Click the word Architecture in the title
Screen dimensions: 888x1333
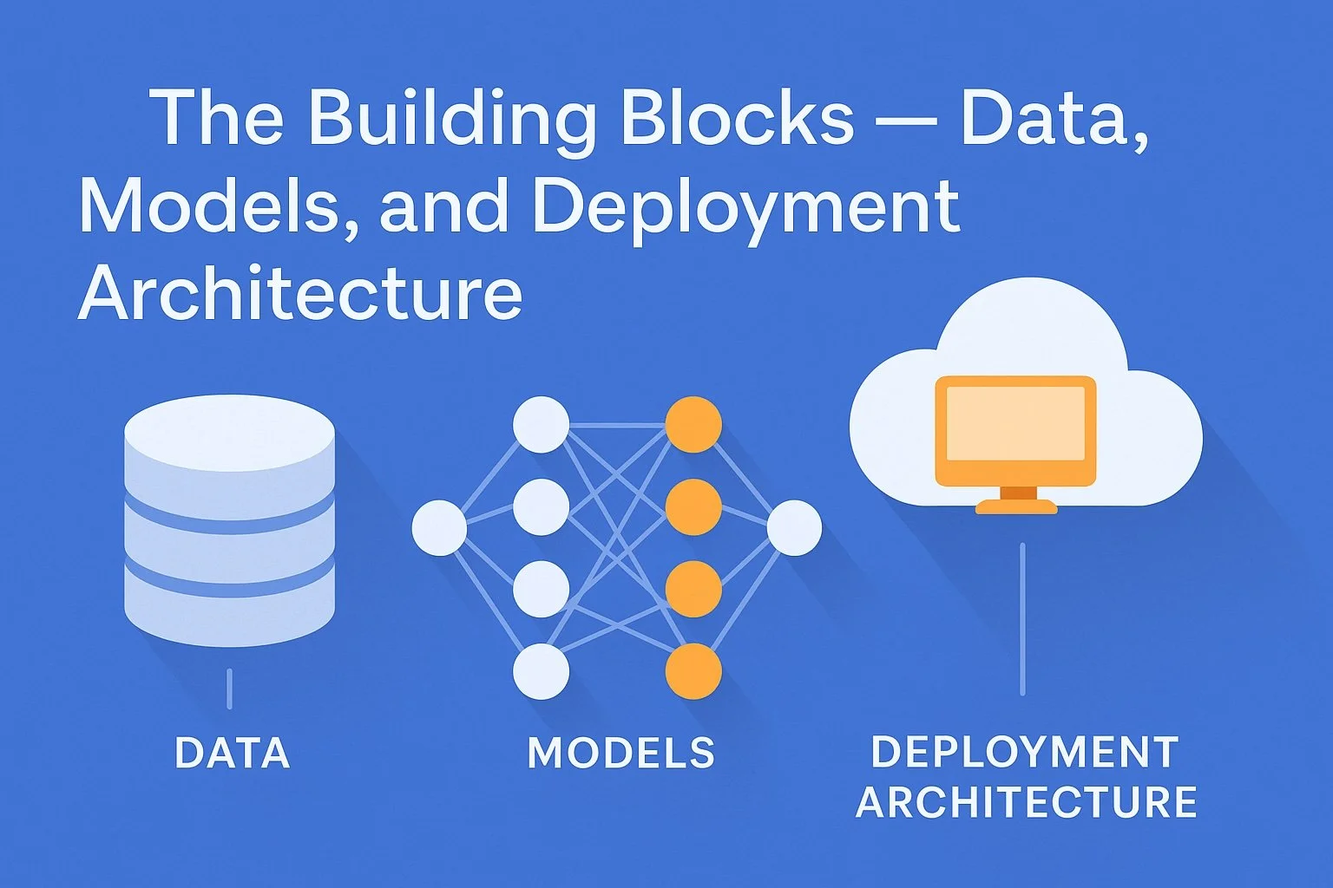[300, 293]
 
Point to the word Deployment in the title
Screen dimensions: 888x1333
[746, 208]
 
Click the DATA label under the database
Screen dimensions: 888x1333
[232, 753]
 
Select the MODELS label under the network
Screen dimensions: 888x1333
[621, 753]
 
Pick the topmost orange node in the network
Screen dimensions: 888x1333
[693, 425]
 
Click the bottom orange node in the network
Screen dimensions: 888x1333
[693, 671]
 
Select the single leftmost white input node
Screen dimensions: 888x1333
[439, 527]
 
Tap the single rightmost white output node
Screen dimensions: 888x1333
[794, 527]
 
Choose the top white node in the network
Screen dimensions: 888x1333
[542, 425]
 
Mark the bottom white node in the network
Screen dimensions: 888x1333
[542, 671]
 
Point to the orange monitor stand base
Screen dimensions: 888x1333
[1016, 506]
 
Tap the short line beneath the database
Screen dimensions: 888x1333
[229, 689]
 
